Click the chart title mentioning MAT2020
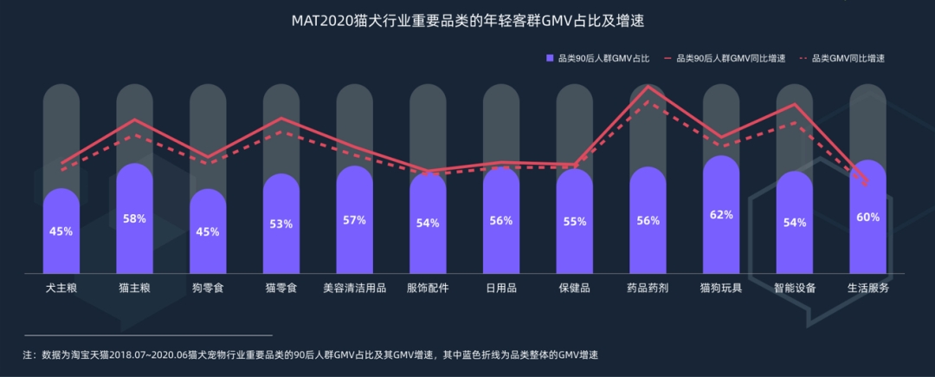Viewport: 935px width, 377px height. (468, 20)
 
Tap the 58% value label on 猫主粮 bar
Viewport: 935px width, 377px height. (134, 219)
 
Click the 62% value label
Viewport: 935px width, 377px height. (721, 215)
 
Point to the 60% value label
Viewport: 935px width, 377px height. (867, 218)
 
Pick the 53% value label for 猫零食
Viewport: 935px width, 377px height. (280, 224)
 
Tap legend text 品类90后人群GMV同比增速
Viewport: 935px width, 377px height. (730, 58)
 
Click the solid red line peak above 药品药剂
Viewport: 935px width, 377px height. (648, 87)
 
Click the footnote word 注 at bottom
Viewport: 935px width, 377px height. (28, 354)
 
